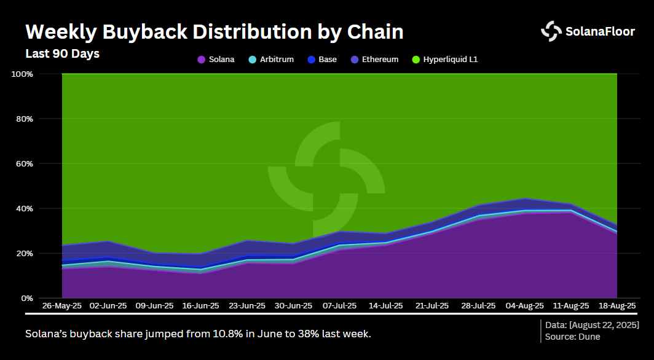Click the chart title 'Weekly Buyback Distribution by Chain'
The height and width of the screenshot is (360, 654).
pyautogui.click(x=214, y=31)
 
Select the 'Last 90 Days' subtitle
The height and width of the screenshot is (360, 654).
pyautogui.click(x=62, y=53)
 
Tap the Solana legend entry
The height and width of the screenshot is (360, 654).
pyautogui.click(x=216, y=60)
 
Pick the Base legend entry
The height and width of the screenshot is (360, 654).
pyautogui.click(x=321, y=60)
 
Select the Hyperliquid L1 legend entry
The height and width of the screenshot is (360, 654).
pyautogui.click(x=444, y=60)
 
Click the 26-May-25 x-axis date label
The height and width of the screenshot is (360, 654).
pyautogui.click(x=61, y=306)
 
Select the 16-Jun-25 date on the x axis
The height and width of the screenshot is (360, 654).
pyautogui.click(x=200, y=306)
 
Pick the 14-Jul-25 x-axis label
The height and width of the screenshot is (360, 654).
pyautogui.click(x=385, y=306)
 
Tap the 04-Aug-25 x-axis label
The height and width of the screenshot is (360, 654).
pyautogui.click(x=524, y=306)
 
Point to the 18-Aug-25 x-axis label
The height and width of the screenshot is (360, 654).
pyautogui.click(x=616, y=306)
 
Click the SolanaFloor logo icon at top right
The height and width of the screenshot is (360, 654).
pyautogui.click(x=551, y=31)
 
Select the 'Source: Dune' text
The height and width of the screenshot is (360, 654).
pyautogui.click(x=572, y=337)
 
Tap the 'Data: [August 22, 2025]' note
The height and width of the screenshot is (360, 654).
pyautogui.click(x=592, y=324)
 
